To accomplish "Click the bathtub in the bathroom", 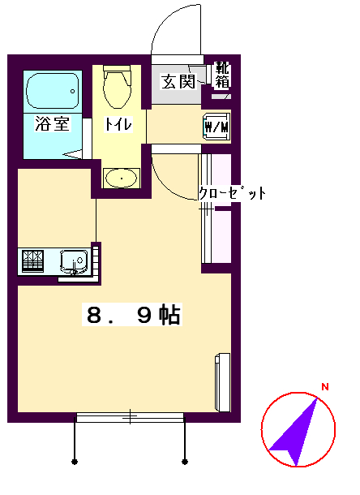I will click(54, 91).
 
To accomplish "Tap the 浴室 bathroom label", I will click(52, 125).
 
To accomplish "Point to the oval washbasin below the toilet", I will click(121, 178).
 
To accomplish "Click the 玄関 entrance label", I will click(178, 81).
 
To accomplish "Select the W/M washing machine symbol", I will click(216, 127).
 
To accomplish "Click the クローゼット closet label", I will click(233, 195).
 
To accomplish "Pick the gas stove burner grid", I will click(33, 260).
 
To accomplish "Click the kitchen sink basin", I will click(74, 261).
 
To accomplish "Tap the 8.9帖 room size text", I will click(133, 315).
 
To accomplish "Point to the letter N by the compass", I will click(324, 387).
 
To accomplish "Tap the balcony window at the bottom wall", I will click(130, 417).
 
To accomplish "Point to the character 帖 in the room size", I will click(169, 315).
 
